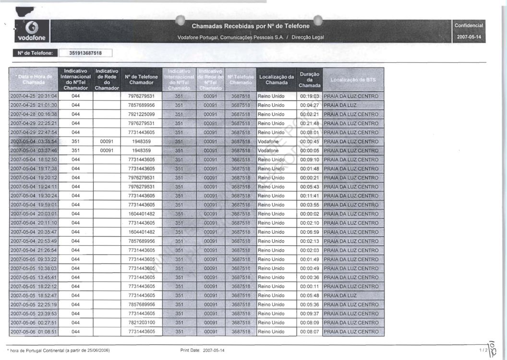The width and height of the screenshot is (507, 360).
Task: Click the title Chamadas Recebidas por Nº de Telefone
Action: pyautogui.click(x=251, y=26)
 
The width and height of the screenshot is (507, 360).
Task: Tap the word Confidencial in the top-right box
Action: pyautogui.click(x=469, y=25)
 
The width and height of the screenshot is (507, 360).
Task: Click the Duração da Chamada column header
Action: pyautogui.click(x=309, y=80)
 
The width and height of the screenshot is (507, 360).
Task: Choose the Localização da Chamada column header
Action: pyautogui.click(x=277, y=80)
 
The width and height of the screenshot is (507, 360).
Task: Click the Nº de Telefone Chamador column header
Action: pyautogui.click(x=141, y=80)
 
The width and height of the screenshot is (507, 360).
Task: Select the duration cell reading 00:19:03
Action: pyautogui.click(x=310, y=96)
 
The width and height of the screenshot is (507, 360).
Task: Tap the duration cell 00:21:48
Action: pyautogui.click(x=310, y=123)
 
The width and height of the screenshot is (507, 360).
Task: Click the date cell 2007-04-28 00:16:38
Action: pyautogui.click(x=34, y=114)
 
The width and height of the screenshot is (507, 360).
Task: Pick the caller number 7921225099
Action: pyautogui.click(x=142, y=114)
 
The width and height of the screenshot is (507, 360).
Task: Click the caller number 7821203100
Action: pyautogui.click(x=142, y=323)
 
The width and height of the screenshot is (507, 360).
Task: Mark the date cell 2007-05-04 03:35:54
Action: pyautogui.click(x=34, y=142)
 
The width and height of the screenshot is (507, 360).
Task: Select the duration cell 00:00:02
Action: pyautogui.click(x=310, y=214)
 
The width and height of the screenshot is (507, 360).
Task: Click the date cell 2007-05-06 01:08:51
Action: pyautogui.click(x=34, y=332)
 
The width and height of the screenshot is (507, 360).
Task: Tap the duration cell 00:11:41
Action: pyautogui.click(x=310, y=196)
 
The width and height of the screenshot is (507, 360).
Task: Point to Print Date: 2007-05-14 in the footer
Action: pyautogui.click(x=202, y=350)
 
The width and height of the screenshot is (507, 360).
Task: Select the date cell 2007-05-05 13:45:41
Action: pyautogui.click(x=34, y=277)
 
